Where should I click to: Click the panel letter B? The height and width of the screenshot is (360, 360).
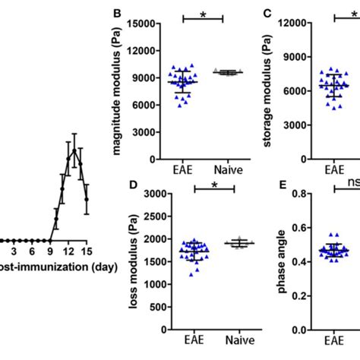(117, 13)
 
